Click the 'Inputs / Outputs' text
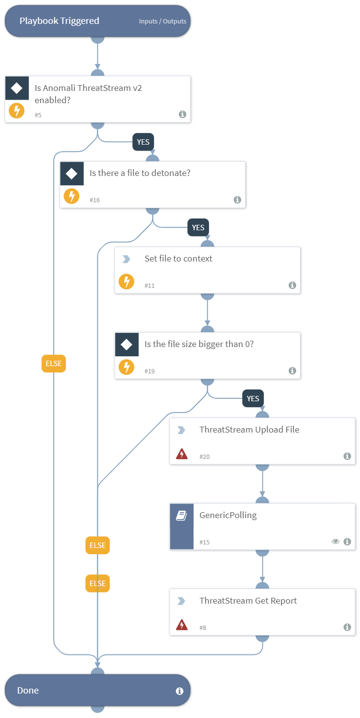pos(163,22)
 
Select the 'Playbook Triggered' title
pos(59,21)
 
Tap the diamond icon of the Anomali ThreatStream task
pos(17,88)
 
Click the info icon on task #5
pos(182,114)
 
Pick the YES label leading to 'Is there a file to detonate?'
pos(143,142)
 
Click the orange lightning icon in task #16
pos(72,196)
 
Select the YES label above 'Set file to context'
pos(198,228)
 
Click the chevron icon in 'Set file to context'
pos(127,259)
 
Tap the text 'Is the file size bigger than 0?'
pos(199,344)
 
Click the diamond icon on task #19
pos(127,345)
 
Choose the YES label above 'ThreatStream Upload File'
pos(253,399)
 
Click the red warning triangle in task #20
pos(181,455)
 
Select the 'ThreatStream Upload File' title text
pos(249,430)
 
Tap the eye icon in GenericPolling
pos(335,542)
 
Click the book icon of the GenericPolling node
pos(181,516)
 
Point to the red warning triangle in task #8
pos(181,625)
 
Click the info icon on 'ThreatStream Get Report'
pos(347,627)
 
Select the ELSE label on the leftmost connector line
pos(54,364)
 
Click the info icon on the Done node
pos(179,691)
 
